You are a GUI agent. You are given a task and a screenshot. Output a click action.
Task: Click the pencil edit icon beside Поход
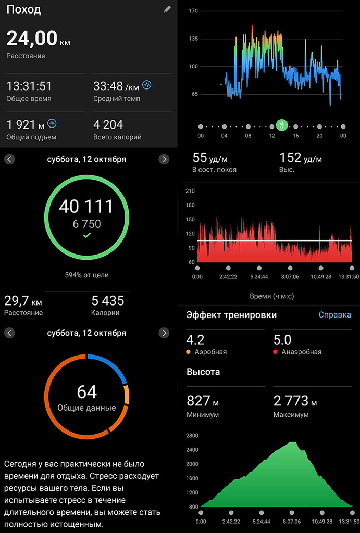point(167,9)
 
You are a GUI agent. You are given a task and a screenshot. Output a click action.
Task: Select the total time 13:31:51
point(29,86)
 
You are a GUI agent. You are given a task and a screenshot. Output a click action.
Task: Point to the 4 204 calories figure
point(108,124)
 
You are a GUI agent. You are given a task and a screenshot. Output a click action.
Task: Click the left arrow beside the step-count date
point(9,159)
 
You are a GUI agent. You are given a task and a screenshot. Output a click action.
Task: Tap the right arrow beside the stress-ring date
point(164,333)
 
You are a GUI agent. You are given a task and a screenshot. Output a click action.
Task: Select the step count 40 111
point(86,207)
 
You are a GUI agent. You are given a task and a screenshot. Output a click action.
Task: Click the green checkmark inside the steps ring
point(86,236)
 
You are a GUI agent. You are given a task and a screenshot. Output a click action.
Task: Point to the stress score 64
point(86,392)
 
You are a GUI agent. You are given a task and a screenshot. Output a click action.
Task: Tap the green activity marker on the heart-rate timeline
point(282,125)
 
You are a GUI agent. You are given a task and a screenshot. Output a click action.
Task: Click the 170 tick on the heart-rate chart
point(193,10)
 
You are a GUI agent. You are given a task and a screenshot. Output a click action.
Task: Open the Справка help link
point(334,315)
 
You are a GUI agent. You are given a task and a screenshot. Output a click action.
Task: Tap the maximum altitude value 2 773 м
point(295,401)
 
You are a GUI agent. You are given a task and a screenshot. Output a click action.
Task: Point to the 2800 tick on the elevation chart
point(192,435)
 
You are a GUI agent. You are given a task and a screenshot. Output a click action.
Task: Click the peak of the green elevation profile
point(293,442)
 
